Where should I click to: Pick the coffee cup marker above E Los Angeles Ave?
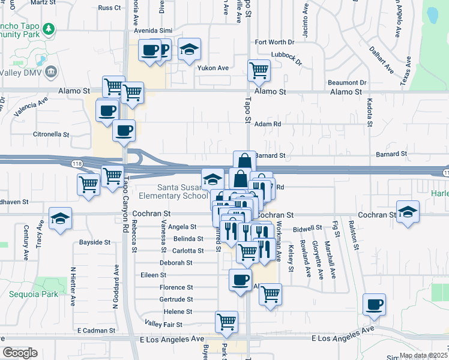pyautogui.click(x=375, y=304)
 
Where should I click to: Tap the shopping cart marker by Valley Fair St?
pyautogui.click(x=226, y=322)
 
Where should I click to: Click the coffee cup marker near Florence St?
pyautogui.click(x=240, y=280)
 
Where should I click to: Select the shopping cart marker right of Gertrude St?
pyautogui.click(x=271, y=294)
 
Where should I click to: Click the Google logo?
pyautogui.click(x=20, y=353)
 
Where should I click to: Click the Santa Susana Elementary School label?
pyautogui.click(x=173, y=191)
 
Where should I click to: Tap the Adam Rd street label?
pyautogui.click(x=268, y=124)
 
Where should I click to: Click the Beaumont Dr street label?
pyautogui.click(x=347, y=82)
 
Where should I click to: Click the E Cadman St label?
pyautogui.click(x=96, y=331)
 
